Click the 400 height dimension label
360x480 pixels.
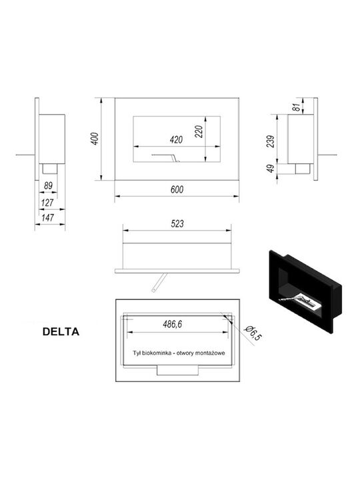(95, 139)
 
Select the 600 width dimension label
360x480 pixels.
(177, 189)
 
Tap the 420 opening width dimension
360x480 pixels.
(176, 140)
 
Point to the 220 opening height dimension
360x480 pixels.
(199, 131)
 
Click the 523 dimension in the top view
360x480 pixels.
(177, 224)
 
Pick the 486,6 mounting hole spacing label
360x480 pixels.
(173, 324)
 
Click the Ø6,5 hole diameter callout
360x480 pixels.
(253, 333)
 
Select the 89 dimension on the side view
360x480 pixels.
(48, 185)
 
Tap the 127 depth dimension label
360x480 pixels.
(47, 203)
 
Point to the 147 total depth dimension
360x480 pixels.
(47, 217)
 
